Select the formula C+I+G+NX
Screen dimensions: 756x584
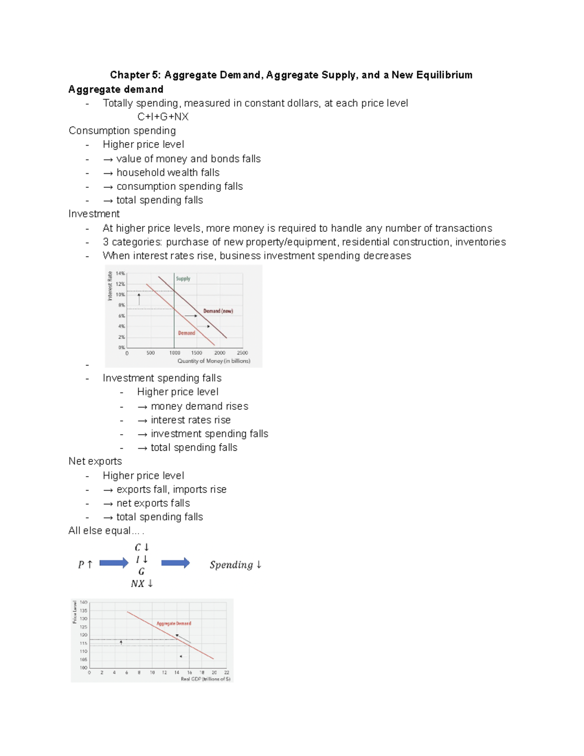point(163,117)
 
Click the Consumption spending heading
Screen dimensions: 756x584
point(122,130)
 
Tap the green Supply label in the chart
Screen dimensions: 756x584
point(183,279)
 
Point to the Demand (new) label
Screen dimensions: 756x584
point(218,311)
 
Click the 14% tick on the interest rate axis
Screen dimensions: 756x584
point(120,274)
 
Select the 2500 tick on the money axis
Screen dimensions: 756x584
point(242,353)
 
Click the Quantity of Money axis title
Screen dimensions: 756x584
point(214,361)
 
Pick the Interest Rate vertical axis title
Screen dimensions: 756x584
point(110,286)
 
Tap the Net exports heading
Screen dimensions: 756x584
point(95,461)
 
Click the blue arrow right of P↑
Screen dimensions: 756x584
point(114,563)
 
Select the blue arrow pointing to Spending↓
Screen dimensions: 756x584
point(175,563)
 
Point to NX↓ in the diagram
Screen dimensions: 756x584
point(142,584)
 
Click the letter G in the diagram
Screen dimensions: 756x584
point(141,572)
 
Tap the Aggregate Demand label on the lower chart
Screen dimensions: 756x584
point(174,624)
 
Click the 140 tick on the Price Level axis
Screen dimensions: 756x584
point(83,603)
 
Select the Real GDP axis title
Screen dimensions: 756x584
point(205,679)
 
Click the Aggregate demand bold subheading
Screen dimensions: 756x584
point(116,90)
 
